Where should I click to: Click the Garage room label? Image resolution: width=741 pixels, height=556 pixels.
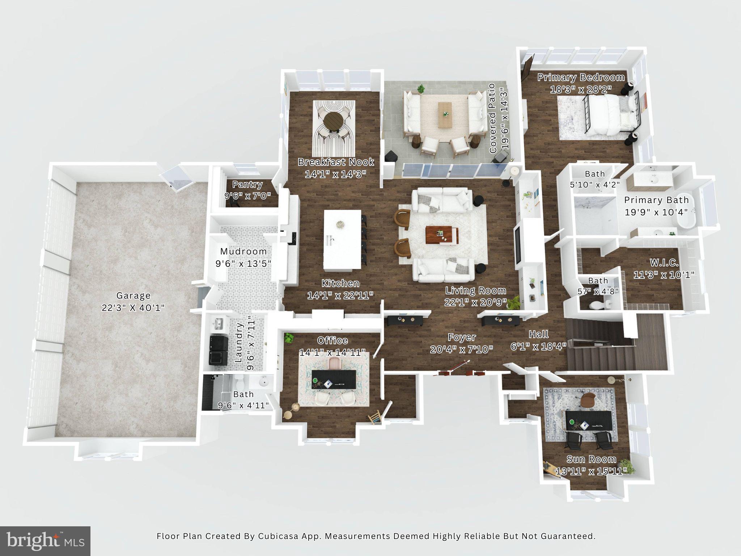(133, 296)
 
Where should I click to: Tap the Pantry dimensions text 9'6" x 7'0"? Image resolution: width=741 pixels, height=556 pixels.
(247, 196)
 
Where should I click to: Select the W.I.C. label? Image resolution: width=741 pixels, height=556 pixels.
(664, 263)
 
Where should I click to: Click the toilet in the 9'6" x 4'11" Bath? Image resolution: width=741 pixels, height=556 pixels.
(240, 381)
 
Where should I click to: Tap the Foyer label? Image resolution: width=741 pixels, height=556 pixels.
(462, 337)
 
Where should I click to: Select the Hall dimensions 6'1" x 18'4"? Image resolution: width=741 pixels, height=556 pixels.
(538, 346)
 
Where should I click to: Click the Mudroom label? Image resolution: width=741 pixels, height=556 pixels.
(243, 251)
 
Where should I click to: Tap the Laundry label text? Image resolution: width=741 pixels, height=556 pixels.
(238, 343)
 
